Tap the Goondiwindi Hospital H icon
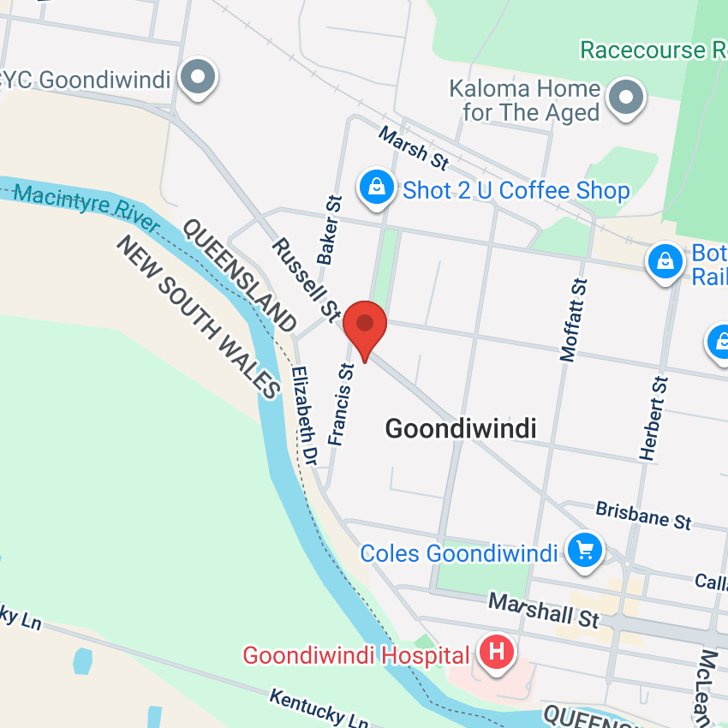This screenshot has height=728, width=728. click(496, 653)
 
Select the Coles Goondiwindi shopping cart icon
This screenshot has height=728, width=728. click(585, 549)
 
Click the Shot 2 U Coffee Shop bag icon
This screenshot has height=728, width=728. click(376, 187)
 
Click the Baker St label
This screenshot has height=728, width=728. click(330, 230)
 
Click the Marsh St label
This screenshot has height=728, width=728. click(414, 147)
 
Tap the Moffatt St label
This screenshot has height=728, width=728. click(574, 319)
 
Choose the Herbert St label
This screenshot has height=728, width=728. click(653, 418)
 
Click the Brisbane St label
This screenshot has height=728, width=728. click(643, 516)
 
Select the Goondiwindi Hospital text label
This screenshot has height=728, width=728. click(356, 656)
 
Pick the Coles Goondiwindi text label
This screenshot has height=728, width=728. click(459, 553)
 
